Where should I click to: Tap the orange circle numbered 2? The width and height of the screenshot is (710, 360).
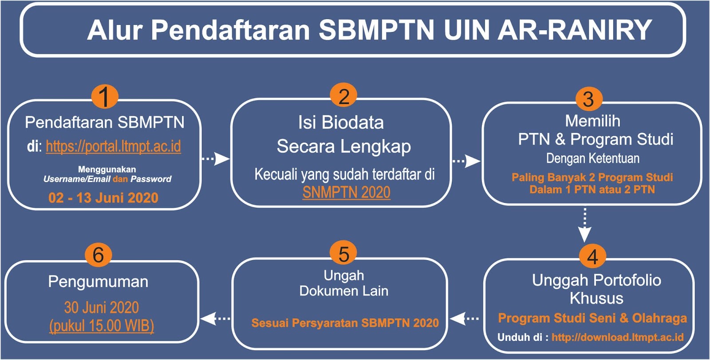pos(343,96)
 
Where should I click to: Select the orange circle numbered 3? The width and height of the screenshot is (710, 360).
pos(589,99)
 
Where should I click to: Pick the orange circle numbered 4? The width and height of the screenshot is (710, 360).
pos(592,256)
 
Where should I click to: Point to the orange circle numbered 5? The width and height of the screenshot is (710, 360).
pos(343,254)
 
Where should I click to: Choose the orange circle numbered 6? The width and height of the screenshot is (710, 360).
pos(98,255)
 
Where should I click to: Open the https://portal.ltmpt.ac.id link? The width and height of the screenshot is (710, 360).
pos(114,146)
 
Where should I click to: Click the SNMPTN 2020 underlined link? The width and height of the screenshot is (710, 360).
pos(347,192)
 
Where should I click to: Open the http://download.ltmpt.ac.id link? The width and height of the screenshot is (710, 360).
pos(617,337)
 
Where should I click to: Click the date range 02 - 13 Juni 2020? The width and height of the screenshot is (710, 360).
pos(103,198)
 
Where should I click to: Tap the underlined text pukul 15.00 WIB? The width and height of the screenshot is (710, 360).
pos(102,326)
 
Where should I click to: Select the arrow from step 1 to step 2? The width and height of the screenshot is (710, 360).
pos(216,158)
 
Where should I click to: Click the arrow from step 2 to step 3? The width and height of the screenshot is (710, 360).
pos(466,161)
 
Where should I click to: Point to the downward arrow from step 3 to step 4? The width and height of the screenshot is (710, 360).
pos(584,225)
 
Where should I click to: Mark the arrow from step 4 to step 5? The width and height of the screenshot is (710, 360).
pos(464,318)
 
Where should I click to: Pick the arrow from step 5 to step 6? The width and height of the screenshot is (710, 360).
pos(216,318)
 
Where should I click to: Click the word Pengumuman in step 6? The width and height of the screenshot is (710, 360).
pos(98,282)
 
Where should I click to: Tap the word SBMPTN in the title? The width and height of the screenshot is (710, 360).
pos(376,30)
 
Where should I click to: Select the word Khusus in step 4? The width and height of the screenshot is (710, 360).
pos(596,298)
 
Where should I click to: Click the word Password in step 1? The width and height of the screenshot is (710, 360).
pos(151,179)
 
